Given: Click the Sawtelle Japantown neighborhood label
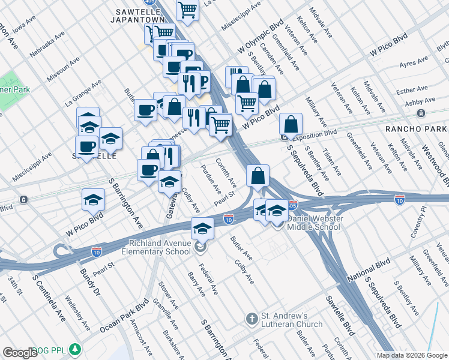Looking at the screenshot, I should point(141,15).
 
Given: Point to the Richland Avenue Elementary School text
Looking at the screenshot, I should point(161,247).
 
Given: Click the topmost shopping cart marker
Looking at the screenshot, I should point(188,10).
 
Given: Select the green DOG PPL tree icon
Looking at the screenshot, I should point(75,349).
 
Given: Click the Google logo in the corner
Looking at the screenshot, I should point(20,353).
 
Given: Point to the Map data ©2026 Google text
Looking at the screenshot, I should point(411,355).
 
